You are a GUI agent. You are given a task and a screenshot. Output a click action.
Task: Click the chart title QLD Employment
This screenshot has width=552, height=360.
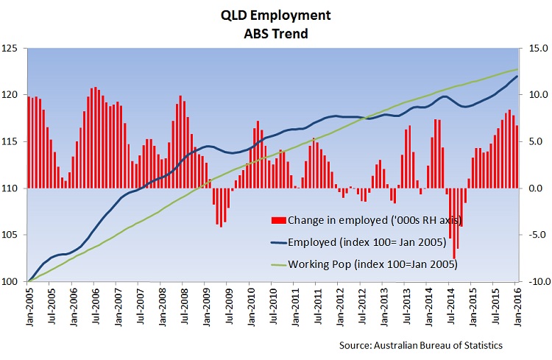[275, 15]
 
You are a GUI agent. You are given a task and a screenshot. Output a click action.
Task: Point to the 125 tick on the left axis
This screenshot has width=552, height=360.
[15, 49]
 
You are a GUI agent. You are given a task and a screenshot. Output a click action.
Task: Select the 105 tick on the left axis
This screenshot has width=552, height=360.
[15, 235]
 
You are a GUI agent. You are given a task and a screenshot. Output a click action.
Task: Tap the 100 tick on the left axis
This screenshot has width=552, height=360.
[15, 281]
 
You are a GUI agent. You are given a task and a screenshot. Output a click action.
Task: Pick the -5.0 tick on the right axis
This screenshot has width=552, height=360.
[536, 235]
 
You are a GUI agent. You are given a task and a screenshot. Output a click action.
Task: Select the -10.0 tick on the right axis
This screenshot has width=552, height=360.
[534, 281]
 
